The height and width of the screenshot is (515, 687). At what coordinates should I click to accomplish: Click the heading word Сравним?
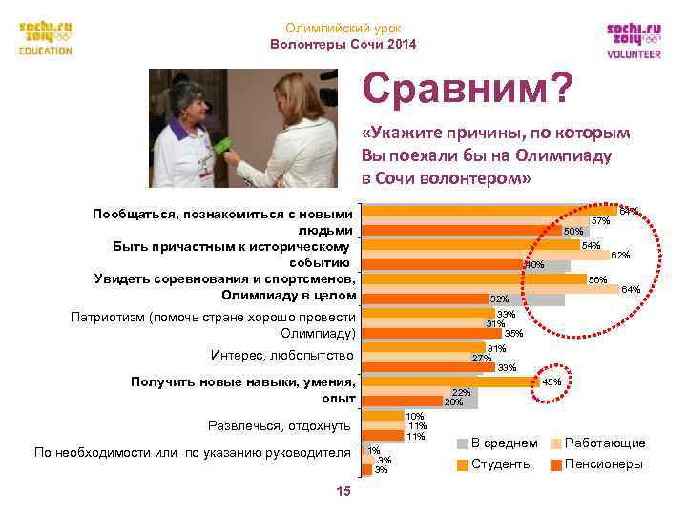468,91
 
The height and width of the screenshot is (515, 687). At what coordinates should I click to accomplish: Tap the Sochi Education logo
46,38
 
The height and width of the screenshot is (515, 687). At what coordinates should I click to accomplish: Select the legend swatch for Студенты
462,464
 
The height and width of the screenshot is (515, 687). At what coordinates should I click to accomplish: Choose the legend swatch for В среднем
462,443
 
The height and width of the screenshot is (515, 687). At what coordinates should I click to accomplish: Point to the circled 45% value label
552,381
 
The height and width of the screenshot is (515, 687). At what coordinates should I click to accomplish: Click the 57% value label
600,220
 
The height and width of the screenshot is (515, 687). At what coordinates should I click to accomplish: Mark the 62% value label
619,255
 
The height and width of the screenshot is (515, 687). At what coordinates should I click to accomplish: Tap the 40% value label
534,264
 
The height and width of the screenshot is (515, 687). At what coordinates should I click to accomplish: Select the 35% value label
512,333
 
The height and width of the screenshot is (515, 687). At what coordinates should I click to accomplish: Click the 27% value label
482,358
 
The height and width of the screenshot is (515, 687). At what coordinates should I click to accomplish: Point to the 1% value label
374,450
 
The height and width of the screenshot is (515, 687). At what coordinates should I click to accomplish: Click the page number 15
343,491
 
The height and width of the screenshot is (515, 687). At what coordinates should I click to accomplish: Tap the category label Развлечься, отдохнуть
279,425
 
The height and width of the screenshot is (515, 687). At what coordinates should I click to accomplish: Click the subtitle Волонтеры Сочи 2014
343,45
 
